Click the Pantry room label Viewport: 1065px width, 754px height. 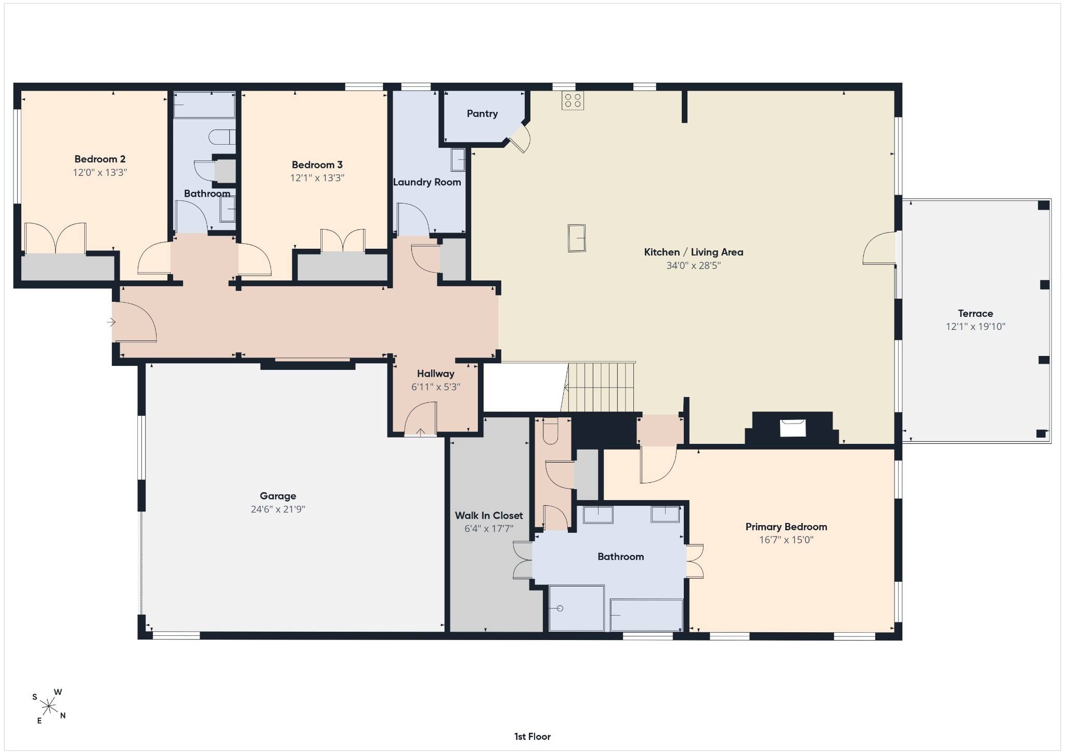[x=482, y=113]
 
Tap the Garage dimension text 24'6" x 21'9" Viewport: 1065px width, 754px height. [x=278, y=509]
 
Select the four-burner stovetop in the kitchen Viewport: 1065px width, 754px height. [x=573, y=100]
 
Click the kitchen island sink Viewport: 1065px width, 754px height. [x=576, y=238]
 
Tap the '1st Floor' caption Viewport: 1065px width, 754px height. [x=532, y=736]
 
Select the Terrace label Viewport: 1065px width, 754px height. [x=976, y=313]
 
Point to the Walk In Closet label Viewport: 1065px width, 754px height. [x=489, y=516]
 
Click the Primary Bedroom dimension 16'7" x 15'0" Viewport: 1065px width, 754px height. [x=786, y=540]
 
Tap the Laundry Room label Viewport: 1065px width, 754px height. [x=427, y=182]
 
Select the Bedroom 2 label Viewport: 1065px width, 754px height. [x=100, y=159]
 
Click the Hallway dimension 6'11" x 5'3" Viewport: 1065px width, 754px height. [x=436, y=387]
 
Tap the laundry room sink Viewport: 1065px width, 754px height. [x=458, y=160]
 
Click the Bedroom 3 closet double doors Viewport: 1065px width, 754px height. [x=343, y=241]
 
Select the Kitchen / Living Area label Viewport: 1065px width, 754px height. [x=694, y=252]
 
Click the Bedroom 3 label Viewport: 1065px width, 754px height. [x=317, y=165]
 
